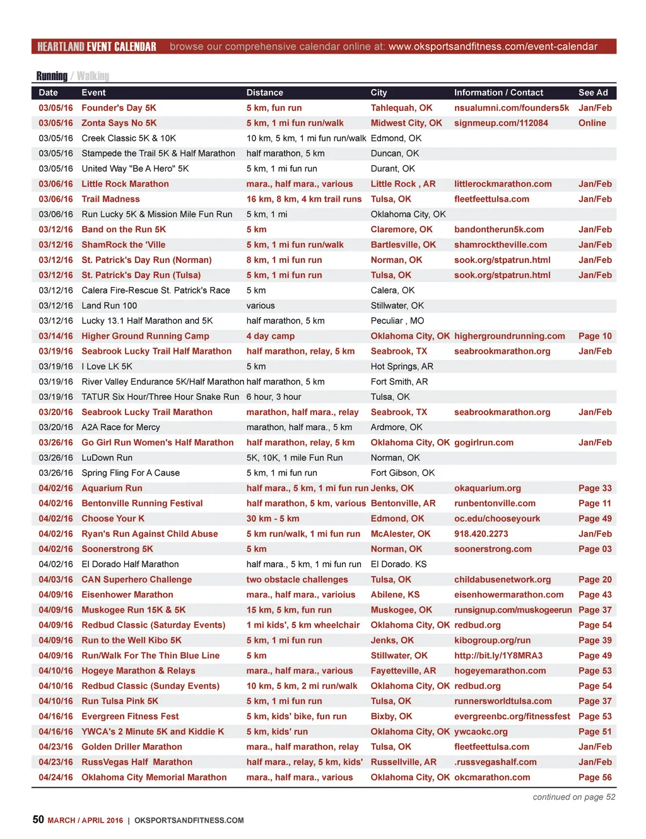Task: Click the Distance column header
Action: coord(264,93)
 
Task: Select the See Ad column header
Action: coord(593,93)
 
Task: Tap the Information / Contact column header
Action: coord(498,93)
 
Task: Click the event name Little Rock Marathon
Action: coord(125,184)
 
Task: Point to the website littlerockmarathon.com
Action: coord(503,184)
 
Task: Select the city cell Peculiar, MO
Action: coord(397,321)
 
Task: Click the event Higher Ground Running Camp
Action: coord(145,336)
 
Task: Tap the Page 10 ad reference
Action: coord(595,336)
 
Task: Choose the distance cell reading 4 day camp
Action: coord(271,336)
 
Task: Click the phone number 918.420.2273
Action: coord(481,534)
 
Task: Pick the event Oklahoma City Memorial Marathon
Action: coord(154,777)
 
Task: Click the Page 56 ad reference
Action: coord(595,777)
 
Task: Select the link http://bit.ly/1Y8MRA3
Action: coord(498,655)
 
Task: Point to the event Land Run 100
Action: coord(109,306)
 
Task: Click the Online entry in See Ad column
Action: coord(592,123)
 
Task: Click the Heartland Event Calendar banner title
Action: coord(97,47)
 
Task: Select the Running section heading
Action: coord(52,76)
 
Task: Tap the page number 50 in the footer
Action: coord(38,819)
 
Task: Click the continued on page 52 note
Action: coord(573,797)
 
